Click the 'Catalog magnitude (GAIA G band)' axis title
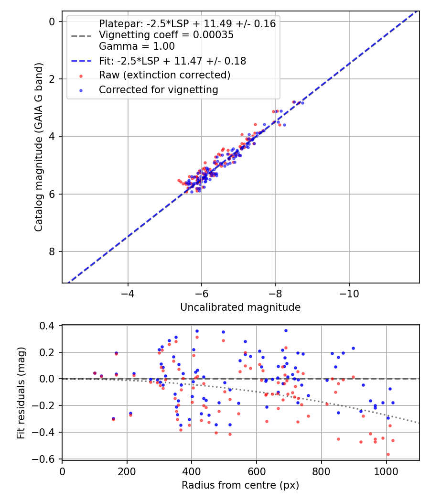(39, 147)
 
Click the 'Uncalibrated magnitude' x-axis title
(240, 307)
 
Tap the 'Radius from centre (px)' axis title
(240, 485)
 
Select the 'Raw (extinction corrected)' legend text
(164, 75)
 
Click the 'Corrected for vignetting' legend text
(158, 89)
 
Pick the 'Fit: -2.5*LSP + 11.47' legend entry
(172, 61)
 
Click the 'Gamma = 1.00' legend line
(137, 46)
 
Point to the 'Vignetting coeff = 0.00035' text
(166, 35)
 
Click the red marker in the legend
(81, 76)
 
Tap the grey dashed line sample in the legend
(81, 35)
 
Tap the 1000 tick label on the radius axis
(386, 471)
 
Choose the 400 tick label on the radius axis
(192, 471)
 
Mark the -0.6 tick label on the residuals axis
(48, 459)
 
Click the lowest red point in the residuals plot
(388, 454)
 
